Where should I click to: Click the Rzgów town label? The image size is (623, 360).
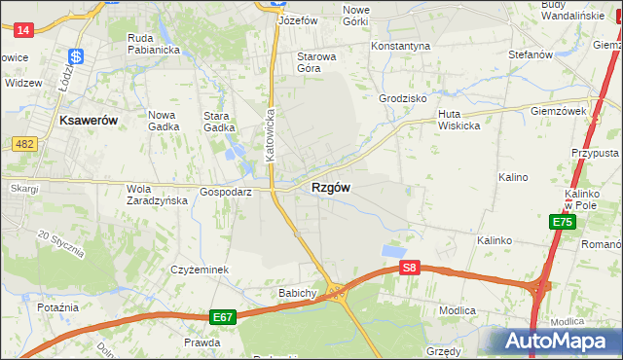[x=331, y=187]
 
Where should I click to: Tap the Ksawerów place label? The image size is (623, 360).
[x=88, y=120]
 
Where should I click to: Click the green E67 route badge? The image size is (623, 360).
[x=222, y=317]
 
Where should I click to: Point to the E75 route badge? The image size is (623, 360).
[x=562, y=222]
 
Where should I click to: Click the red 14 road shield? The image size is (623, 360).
[x=24, y=30]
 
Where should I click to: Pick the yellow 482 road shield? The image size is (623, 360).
[x=25, y=144]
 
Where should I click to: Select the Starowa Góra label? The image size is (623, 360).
[x=316, y=62]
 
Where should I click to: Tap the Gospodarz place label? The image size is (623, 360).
[x=227, y=193]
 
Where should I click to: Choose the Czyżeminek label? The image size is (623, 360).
[x=200, y=270]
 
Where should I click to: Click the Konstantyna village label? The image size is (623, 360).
[x=400, y=46]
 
